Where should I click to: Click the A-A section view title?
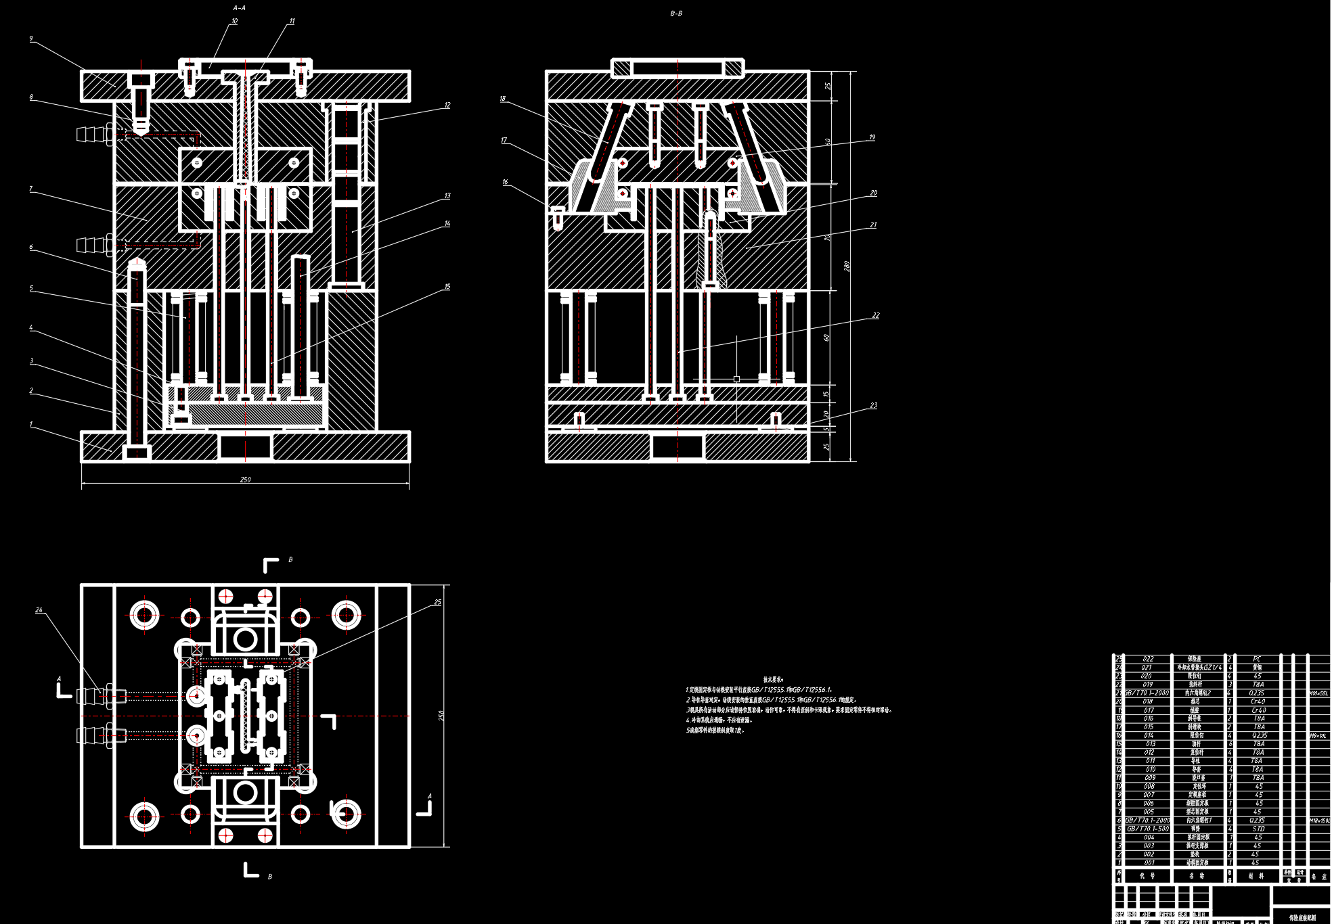[x=240, y=8]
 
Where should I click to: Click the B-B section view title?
[x=676, y=14]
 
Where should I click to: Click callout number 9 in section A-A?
[x=31, y=39]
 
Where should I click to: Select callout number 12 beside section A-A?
[x=447, y=106]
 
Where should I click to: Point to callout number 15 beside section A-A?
[x=447, y=287]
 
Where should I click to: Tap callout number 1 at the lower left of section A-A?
[x=31, y=425]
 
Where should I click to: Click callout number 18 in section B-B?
[x=503, y=99]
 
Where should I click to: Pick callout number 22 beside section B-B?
[x=876, y=316]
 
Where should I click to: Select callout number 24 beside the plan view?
[x=39, y=610]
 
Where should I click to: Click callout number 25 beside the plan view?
[x=438, y=602]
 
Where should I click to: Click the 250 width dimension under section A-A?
[x=245, y=480]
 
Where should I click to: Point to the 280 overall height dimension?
[x=847, y=267]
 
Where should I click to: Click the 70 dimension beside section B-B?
[x=827, y=238]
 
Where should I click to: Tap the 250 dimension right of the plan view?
[x=441, y=716]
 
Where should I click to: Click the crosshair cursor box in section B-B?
[x=736, y=379]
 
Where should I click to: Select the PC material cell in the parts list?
[x=1257, y=659]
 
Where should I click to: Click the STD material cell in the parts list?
[x=1258, y=829]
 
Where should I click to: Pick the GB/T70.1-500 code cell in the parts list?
[x=1148, y=829]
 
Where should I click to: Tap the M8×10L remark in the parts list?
[x=1318, y=735]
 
